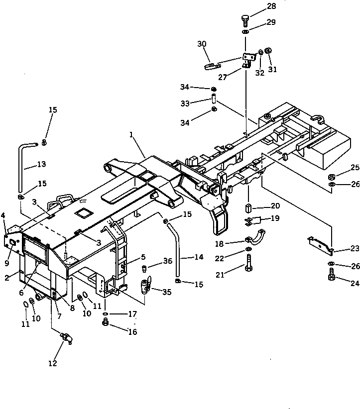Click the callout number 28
click(x=271, y=6)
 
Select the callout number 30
click(x=202, y=44)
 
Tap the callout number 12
click(x=52, y=363)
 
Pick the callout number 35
click(x=167, y=293)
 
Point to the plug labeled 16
click(x=105, y=324)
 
